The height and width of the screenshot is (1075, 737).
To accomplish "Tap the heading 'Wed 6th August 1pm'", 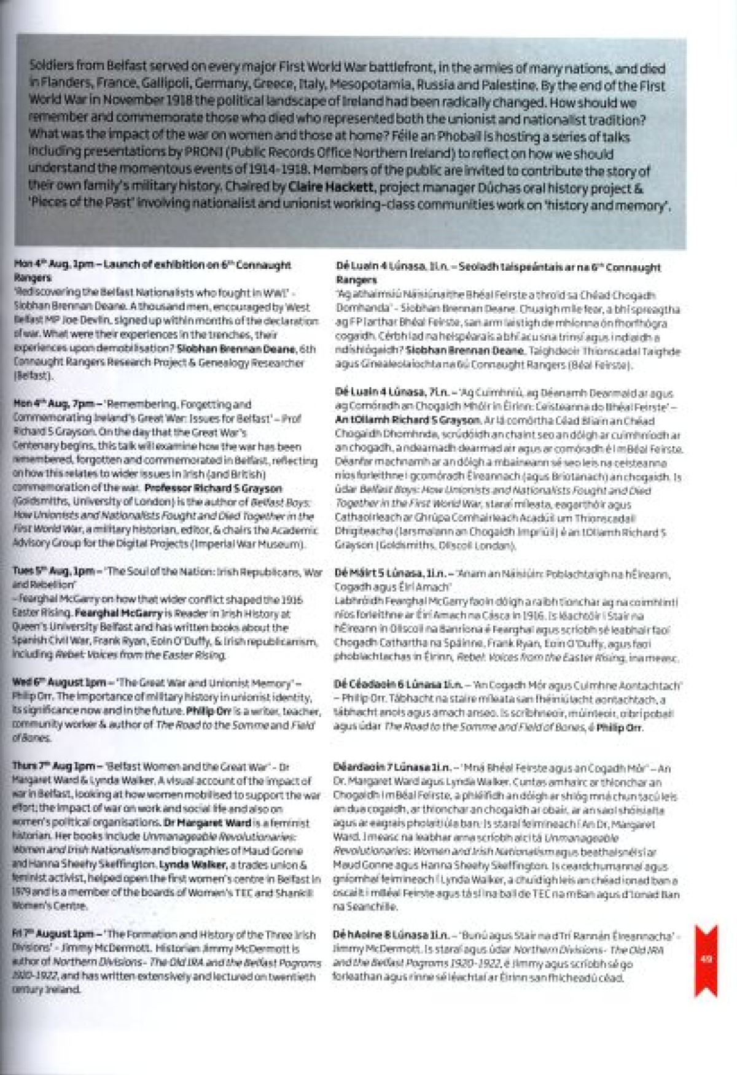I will coord(59,683).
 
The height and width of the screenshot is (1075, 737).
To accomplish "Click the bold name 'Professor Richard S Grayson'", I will coord(213,489).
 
